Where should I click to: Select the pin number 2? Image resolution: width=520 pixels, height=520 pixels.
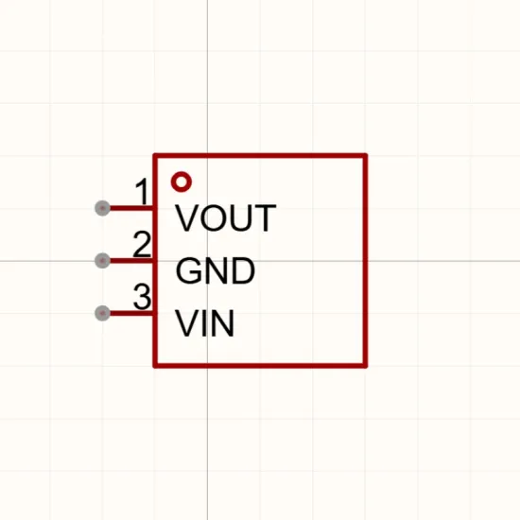(142, 244)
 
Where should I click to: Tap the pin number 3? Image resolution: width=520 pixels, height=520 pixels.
(142, 297)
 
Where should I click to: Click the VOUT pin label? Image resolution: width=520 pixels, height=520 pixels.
(226, 217)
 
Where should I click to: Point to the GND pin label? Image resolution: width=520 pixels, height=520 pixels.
(216, 270)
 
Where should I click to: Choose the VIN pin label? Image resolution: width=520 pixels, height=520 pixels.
(204, 323)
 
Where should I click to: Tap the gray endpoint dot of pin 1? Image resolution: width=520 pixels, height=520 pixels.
(102, 208)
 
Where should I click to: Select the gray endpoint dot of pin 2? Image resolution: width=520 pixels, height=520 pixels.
(102, 261)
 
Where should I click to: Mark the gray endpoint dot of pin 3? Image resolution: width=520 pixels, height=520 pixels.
(102, 313)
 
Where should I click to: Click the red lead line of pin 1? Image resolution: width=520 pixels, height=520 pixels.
(131, 208)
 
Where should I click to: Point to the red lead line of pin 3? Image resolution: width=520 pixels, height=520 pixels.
(131, 313)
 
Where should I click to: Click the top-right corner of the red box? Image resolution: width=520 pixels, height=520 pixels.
(366, 156)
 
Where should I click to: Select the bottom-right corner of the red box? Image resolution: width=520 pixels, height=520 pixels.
(366, 366)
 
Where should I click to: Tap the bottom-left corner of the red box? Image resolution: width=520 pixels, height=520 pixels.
(155, 366)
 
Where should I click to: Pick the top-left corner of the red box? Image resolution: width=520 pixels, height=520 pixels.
(155, 156)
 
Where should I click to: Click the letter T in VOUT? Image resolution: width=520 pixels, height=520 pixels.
(266, 217)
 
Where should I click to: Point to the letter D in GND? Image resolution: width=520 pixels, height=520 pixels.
(243, 270)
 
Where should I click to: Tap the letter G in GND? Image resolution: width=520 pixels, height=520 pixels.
(188, 270)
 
